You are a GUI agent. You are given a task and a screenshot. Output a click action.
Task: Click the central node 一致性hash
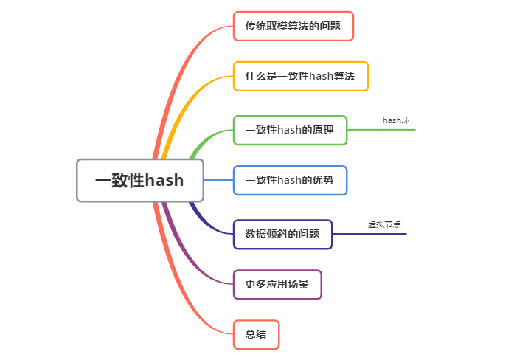coord(140,180)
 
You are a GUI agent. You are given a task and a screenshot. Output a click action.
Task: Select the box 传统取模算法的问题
coord(293,26)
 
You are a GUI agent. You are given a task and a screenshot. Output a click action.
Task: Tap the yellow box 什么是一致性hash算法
coord(300,76)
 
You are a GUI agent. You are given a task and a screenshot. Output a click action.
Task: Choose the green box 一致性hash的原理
coord(289,130)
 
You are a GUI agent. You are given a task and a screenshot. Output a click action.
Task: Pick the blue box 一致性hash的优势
coord(290,180)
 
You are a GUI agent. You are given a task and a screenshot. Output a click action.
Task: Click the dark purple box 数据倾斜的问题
coord(282,234)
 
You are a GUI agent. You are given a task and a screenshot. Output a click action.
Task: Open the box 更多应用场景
coord(277,284)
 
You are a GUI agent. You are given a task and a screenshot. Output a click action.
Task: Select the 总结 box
coord(256,334)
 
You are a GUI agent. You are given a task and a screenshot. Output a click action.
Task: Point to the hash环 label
coord(395,120)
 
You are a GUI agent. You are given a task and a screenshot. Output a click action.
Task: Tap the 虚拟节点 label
coord(384,224)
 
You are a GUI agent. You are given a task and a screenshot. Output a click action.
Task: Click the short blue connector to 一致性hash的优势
coord(218,180)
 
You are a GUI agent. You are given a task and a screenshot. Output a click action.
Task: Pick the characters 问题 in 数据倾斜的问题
coord(310,234)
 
